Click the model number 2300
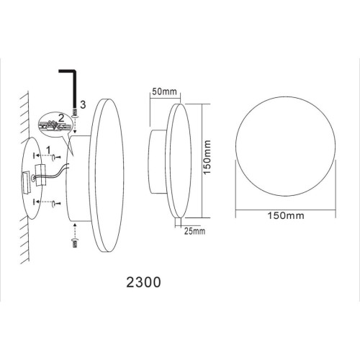[x=143, y=282]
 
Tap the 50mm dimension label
[x=164, y=91]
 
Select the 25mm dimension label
[x=194, y=231]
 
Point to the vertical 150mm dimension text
[x=207, y=158]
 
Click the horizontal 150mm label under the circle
[x=286, y=215]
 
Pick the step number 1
[x=48, y=150]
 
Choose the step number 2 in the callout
[x=61, y=118]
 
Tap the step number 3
[x=83, y=104]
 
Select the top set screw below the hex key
[x=76, y=113]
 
